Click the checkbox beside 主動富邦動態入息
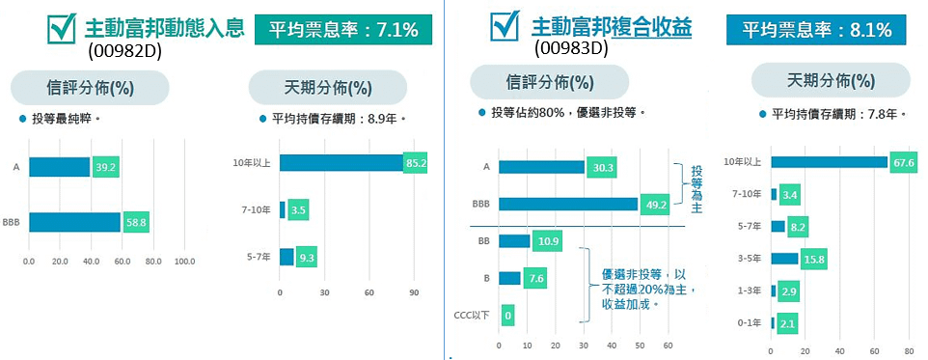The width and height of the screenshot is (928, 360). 62,29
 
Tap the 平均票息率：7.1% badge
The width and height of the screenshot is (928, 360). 342,30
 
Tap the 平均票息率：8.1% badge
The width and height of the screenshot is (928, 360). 816,30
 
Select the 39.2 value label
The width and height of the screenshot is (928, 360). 105,167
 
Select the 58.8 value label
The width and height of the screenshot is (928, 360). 136,224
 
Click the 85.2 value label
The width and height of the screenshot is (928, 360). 416,162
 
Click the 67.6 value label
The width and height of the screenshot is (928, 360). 904,162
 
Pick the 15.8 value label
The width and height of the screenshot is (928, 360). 814,259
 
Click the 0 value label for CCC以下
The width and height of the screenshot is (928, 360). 507,315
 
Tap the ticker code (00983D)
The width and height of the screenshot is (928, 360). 570,46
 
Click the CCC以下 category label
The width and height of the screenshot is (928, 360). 472,315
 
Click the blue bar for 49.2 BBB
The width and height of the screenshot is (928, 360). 567,205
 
